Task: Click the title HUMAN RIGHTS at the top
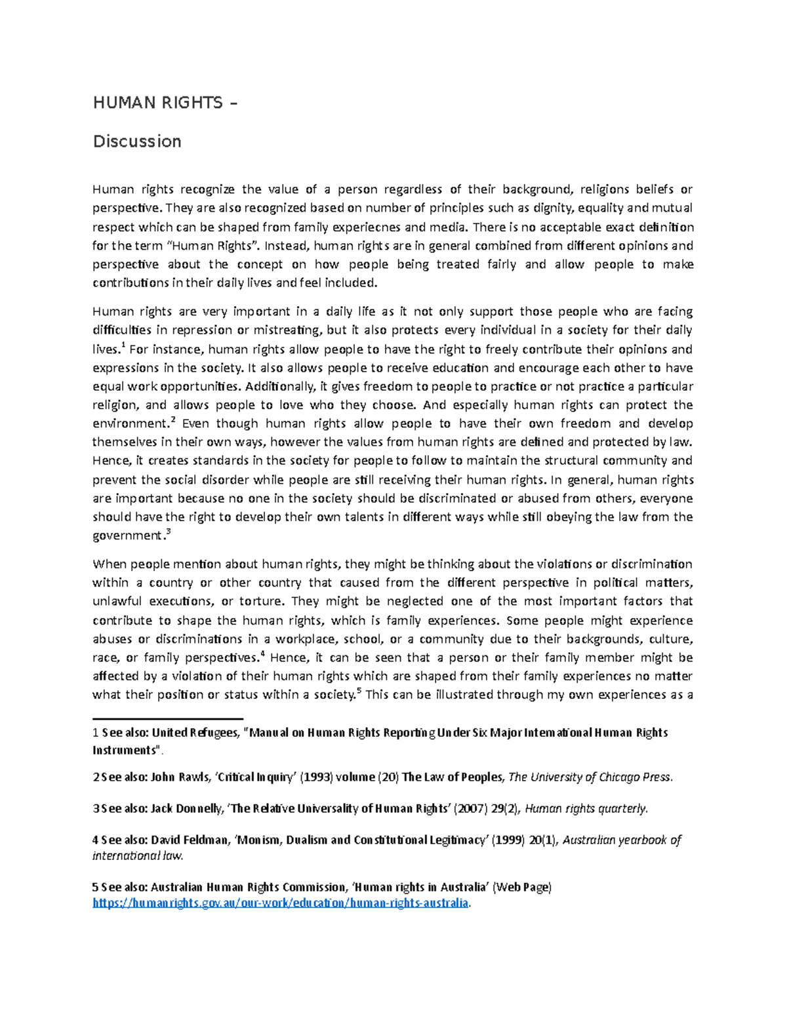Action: [x=158, y=103]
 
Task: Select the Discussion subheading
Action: [x=137, y=142]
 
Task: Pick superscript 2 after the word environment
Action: [x=172, y=420]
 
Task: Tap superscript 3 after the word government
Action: [x=169, y=532]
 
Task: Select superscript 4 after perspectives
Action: [x=262, y=654]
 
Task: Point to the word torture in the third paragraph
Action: [x=262, y=602]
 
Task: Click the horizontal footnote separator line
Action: [x=168, y=718]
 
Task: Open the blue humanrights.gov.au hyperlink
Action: [x=281, y=903]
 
